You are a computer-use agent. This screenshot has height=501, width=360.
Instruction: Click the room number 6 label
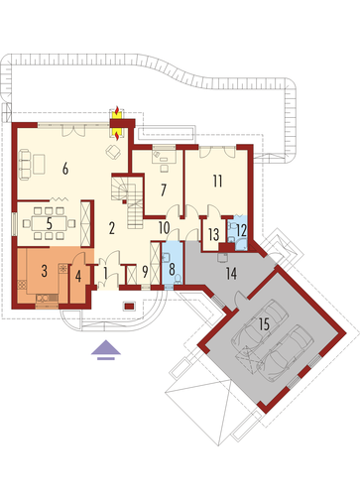65,169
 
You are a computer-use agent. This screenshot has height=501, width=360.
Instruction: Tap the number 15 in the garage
264,324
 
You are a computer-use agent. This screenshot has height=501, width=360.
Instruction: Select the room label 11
217,182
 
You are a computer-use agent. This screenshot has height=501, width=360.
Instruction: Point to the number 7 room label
163,190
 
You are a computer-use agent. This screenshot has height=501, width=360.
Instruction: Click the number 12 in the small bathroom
242,230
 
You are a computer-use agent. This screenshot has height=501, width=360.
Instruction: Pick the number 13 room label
213,235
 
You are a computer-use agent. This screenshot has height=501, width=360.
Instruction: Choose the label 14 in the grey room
231,274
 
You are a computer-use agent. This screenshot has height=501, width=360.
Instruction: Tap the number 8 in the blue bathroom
172,270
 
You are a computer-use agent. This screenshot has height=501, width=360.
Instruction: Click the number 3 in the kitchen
45,271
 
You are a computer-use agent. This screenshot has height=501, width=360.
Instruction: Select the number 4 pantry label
78,276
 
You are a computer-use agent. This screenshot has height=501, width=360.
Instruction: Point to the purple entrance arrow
106,349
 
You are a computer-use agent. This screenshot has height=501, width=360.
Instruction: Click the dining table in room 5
49,223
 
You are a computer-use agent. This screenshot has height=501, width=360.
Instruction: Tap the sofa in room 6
25,165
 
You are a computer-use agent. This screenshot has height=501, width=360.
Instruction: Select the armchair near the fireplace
113,152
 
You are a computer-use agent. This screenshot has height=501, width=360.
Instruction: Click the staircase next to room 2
127,202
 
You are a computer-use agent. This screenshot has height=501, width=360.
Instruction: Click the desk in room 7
164,157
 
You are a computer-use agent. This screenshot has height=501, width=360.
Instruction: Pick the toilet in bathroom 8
178,279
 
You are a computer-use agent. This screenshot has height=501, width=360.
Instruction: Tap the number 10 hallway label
165,227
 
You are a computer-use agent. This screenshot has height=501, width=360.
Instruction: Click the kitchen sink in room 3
44,298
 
